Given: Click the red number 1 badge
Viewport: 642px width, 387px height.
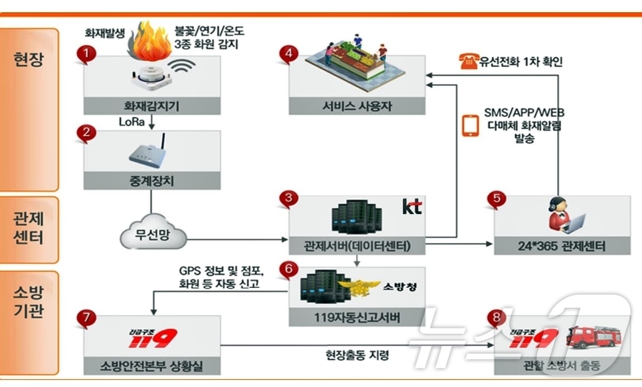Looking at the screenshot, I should (86, 55).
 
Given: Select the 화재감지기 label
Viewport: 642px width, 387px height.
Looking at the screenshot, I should (152, 106).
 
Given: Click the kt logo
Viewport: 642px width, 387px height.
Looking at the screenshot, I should (411, 206).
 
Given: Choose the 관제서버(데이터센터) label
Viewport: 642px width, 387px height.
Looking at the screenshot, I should (357, 246).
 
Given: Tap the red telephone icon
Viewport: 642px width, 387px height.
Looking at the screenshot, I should (468, 62).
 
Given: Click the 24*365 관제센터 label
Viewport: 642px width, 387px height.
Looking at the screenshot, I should (562, 246).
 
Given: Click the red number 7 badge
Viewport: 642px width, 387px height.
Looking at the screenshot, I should (87, 318).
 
